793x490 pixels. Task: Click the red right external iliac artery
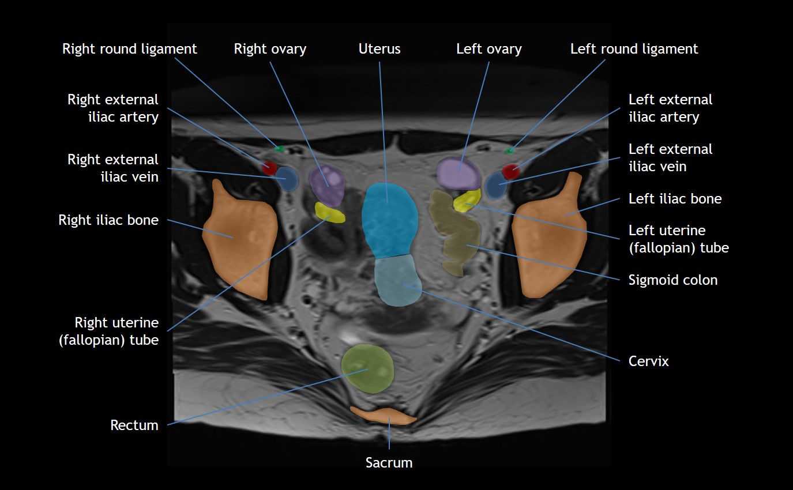(x=269, y=168)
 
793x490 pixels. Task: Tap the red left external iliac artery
(x=510, y=171)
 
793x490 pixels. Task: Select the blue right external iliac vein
(x=286, y=179)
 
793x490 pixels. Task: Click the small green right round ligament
(x=280, y=149)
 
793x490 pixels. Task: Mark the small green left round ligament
(x=510, y=151)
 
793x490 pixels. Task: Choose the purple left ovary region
(x=458, y=173)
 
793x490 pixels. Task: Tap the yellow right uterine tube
(x=330, y=213)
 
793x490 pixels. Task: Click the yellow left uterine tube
(x=467, y=201)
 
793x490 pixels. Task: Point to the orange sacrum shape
(x=384, y=415)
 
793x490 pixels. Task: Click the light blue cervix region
(x=399, y=281)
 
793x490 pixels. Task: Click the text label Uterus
(x=379, y=49)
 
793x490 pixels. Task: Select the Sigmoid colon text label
(x=673, y=280)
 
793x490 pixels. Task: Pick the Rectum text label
(x=134, y=425)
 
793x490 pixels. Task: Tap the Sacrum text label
(x=389, y=462)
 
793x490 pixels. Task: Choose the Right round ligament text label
(x=130, y=49)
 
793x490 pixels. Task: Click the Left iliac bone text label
(x=675, y=199)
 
